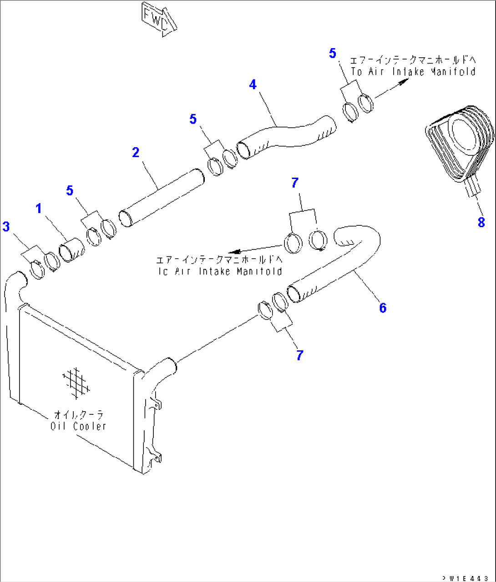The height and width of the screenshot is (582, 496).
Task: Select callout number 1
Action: click(39, 209)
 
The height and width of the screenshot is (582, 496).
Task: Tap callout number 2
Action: click(136, 153)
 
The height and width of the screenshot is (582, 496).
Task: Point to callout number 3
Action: click(6, 226)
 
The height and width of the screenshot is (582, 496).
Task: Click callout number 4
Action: click(253, 85)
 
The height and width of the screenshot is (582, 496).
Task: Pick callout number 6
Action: click(383, 308)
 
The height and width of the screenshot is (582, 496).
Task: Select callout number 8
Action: click(481, 222)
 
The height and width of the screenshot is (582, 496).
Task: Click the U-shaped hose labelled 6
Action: click(346, 264)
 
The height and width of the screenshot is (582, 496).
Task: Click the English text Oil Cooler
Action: click(78, 426)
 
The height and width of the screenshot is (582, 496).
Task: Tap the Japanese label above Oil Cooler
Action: click(79, 415)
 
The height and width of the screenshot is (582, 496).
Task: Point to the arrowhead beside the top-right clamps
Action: click(403, 82)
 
